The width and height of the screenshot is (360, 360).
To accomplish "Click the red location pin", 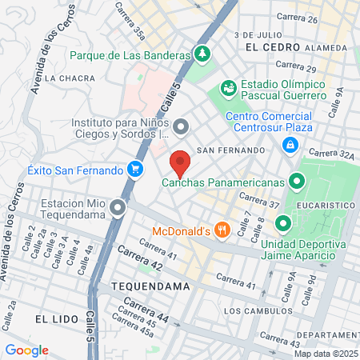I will [x=180, y=163].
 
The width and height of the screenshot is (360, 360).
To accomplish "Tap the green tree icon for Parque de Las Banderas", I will [x=204, y=54].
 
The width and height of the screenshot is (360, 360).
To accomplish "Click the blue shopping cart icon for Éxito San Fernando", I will [x=136, y=170].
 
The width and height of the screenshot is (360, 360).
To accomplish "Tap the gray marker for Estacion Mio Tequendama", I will [x=118, y=210].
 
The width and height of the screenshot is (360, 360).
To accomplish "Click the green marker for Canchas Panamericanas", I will [x=298, y=182].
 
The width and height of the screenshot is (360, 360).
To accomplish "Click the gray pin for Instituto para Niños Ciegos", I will [x=182, y=126].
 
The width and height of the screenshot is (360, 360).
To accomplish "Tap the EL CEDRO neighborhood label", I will [x=267, y=47].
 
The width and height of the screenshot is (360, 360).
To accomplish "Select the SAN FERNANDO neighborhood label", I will [x=230, y=150].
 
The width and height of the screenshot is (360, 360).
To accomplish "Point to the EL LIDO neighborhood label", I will [x=57, y=318].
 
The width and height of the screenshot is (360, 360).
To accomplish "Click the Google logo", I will [x=26, y=350].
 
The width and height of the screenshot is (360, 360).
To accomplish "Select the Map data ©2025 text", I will [x=326, y=354].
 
